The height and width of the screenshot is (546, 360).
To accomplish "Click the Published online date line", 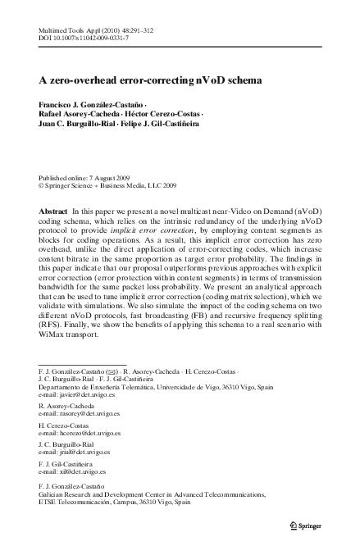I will click(x=86, y=177).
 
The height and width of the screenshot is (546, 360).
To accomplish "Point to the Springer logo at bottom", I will click(x=310, y=525).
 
